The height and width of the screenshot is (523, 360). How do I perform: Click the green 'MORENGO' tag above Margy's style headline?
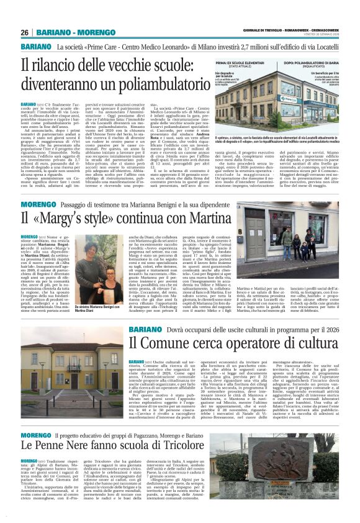tap(37, 204)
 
